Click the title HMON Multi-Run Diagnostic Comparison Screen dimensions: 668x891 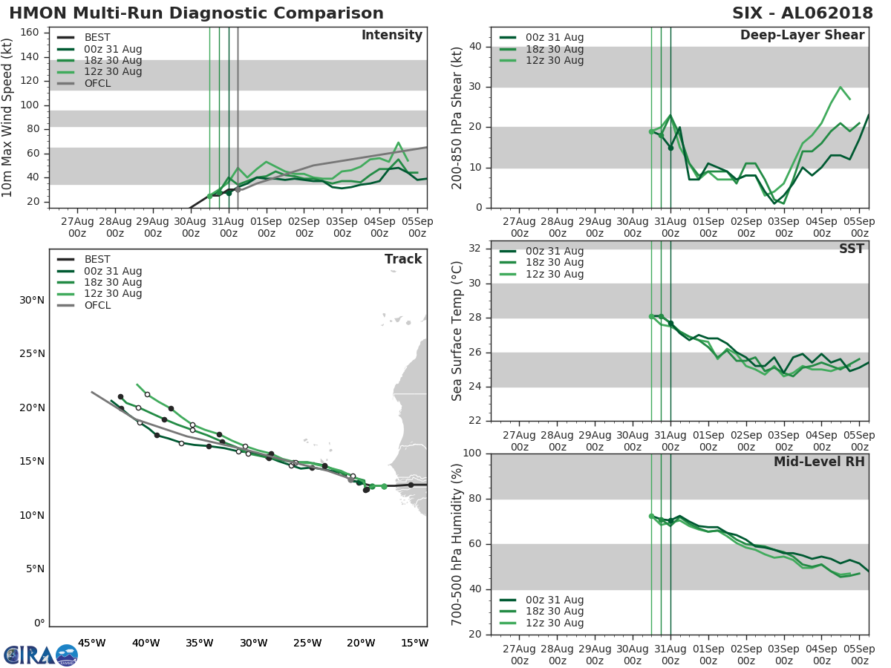point(196,13)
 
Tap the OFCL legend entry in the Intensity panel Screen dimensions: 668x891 point(97,83)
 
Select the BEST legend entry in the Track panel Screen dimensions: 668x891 point(97,259)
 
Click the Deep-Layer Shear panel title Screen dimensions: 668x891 point(802,36)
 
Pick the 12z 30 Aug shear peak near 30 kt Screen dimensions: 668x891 point(840,87)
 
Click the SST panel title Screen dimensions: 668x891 point(851,249)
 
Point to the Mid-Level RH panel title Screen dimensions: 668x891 point(819,462)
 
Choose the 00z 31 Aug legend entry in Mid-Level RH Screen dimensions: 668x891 point(552,600)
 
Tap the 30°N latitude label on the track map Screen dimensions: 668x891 point(32,300)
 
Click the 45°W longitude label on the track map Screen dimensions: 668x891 point(91,643)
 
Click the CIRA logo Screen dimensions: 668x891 point(40,655)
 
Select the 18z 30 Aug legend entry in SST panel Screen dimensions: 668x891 point(552,262)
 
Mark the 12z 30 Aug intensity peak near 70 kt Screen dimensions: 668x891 point(398,143)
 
